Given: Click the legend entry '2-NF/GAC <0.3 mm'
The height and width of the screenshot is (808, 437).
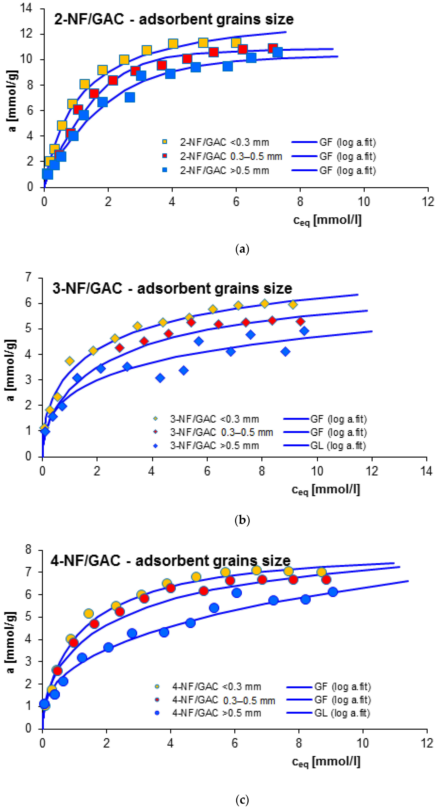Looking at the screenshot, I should pyautogui.click(x=224, y=142).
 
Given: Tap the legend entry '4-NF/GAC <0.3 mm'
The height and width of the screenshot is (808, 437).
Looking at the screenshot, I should pyautogui.click(x=216, y=687).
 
